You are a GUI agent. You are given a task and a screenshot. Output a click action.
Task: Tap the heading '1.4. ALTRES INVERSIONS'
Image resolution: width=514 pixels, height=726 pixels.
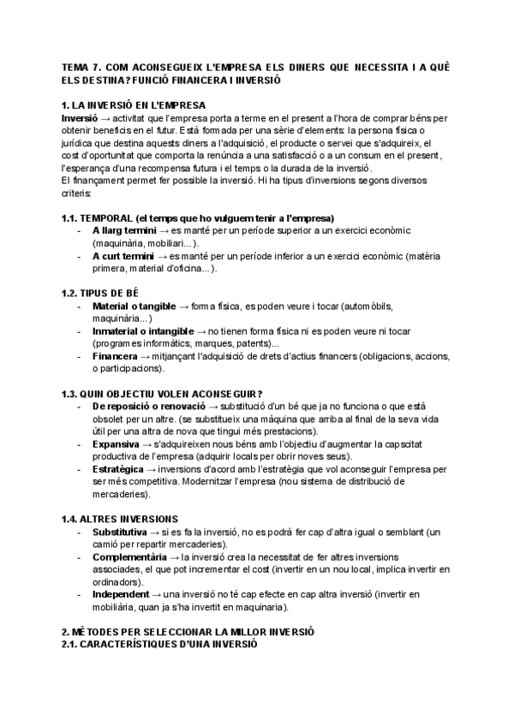pyautogui.click(x=120, y=519)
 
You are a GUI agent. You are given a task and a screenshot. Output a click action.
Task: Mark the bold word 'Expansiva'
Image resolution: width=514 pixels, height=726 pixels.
pyautogui.click(x=117, y=444)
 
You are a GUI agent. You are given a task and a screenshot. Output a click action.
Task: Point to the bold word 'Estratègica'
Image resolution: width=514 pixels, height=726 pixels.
pyautogui.click(x=119, y=469)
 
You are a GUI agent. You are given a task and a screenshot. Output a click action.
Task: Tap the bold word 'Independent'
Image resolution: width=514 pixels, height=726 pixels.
pyautogui.click(x=121, y=595)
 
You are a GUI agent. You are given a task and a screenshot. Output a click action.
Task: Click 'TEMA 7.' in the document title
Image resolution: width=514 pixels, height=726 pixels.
pyautogui.click(x=82, y=68)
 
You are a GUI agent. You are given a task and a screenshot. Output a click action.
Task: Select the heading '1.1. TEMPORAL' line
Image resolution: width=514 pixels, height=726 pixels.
pyautogui.click(x=197, y=217)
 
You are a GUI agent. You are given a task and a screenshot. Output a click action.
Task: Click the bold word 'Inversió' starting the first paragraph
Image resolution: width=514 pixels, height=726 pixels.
pyautogui.click(x=80, y=117)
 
